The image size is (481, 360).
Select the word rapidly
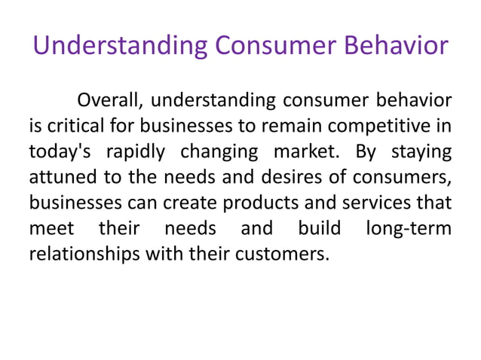(x=134, y=151)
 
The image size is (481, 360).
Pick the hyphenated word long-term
(x=408, y=228)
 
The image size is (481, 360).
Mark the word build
(x=320, y=228)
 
